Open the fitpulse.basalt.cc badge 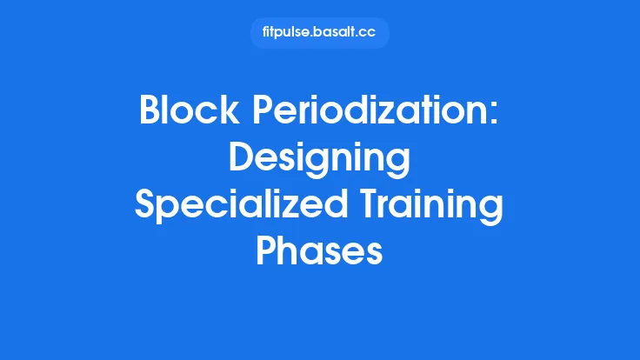pyautogui.click(x=319, y=33)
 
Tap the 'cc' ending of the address pyautogui.click(x=370, y=33)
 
